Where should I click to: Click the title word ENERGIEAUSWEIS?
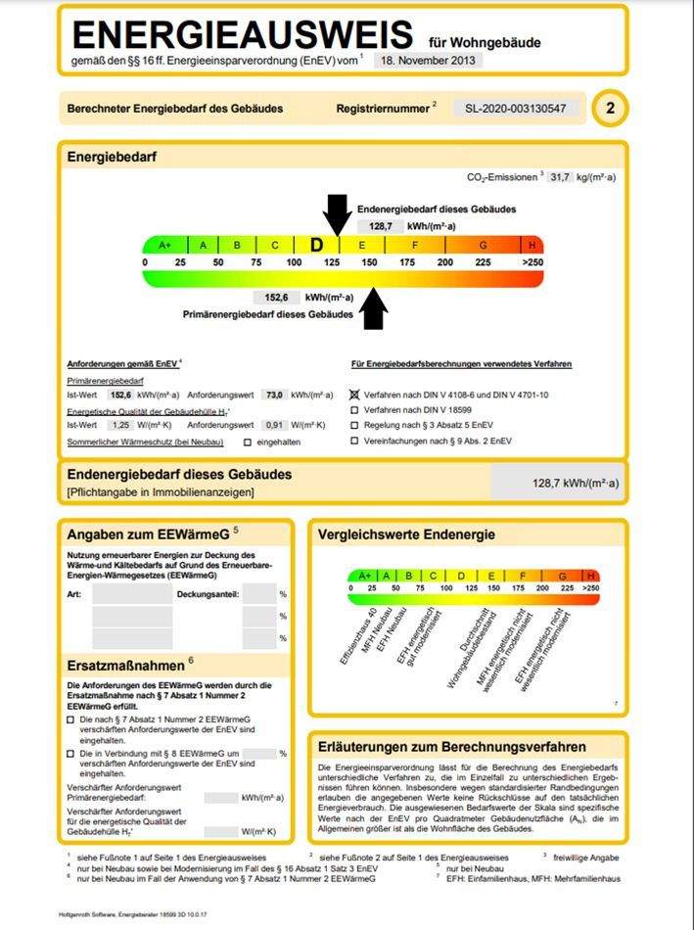pyautogui.click(x=241, y=35)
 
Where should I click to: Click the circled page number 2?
pyautogui.click(x=611, y=109)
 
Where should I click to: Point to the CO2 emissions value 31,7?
pyautogui.click(x=561, y=177)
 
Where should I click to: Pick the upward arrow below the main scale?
pyautogui.click(x=375, y=308)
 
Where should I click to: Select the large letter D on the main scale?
pyautogui.click(x=316, y=245)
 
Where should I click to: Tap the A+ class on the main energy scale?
pyautogui.click(x=164, y=245)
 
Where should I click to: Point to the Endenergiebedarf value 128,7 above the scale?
pyautogui.click(x=381, y=225)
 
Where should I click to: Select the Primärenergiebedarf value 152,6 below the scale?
pyautogui.click(x=276, y=298)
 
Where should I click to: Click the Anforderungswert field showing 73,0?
pyautogui.click(x=274, y=395)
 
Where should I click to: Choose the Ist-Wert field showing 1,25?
pyautogui.click(x=121, y=426)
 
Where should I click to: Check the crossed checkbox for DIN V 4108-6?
pyautogui.click(x=354, y=394)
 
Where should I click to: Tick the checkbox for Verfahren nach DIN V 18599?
pyautogui.click(x=354, y=409)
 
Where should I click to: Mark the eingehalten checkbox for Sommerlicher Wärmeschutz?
pyautogui.click(x=248, y=442)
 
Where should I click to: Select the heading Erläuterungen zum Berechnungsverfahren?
pyautogui.click(x=451, y=746)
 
